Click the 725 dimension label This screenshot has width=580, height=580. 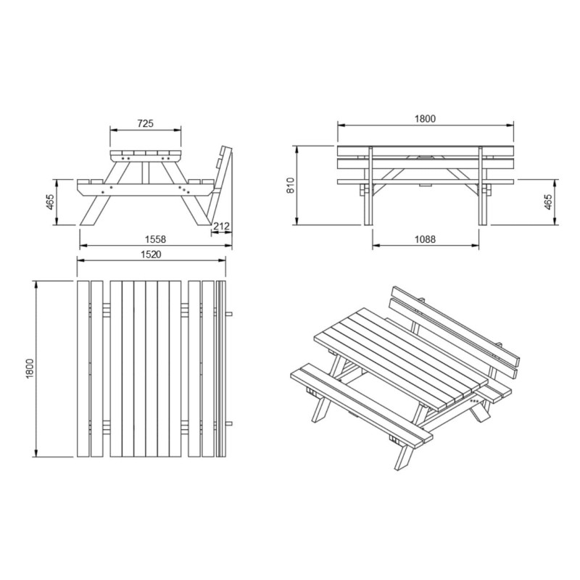tap(145, 124)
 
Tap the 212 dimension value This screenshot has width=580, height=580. tap(221, 226)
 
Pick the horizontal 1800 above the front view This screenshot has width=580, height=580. tap(426, 119)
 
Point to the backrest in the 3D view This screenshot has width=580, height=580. tap(457, 326)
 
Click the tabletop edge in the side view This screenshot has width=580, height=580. tap(146, 154)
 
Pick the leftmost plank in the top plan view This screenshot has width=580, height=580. tap(82, 369)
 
